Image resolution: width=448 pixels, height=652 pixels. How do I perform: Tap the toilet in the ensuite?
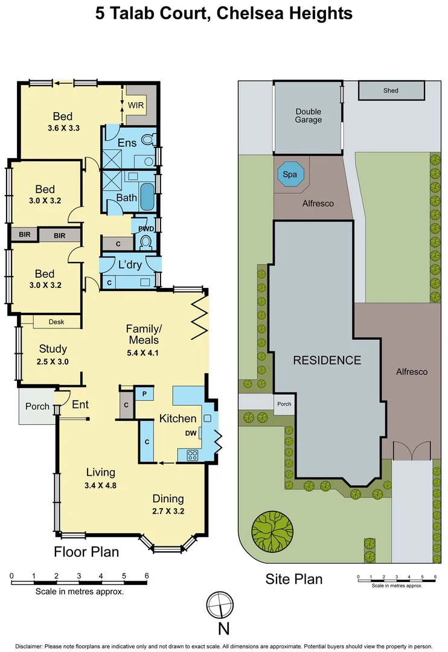tap(147, 139)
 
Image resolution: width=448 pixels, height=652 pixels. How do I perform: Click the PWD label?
tap(146, 229)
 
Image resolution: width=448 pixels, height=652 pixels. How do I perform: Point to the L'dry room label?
tap(129, 264)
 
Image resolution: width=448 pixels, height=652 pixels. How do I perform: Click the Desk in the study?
tap(56, 322)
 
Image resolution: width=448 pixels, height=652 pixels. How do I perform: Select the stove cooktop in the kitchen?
tap(193, 456)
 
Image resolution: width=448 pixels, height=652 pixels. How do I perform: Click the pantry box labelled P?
tap(144, 394)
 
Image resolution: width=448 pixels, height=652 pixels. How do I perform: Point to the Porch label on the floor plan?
tap(37, 406)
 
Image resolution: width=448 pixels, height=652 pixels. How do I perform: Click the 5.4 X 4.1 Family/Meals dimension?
tap(142, 353)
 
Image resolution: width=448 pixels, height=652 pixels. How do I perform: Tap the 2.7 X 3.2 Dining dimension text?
tap(168, 511)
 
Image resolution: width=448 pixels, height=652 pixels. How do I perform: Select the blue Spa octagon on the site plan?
tap(290, 175)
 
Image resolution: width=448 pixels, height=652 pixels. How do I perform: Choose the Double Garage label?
tap(308, 115)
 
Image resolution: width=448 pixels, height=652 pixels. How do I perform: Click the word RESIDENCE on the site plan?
tap(327, 360)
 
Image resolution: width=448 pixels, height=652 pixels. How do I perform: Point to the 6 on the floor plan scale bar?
tap(146, 576)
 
